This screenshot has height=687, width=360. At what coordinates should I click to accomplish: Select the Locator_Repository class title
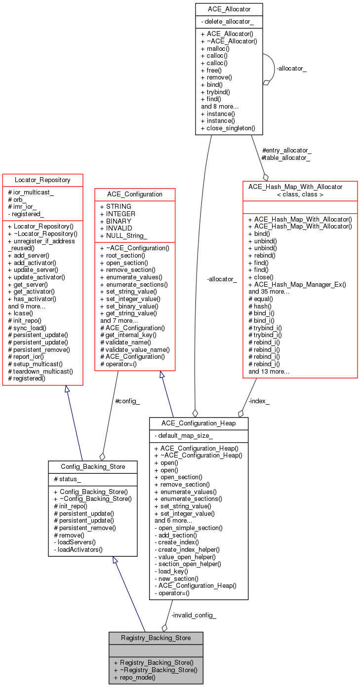42,180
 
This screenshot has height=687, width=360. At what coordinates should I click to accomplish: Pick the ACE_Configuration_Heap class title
199,423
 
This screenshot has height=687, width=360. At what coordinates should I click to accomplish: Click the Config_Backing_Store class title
93,467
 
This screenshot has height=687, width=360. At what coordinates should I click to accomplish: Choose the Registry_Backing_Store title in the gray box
156,638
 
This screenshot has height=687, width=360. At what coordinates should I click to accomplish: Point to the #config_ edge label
127,401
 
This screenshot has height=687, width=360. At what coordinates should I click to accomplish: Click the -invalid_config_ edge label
194,615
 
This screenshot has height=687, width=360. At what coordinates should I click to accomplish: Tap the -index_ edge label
259,401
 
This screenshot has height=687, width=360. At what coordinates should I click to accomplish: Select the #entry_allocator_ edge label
286,150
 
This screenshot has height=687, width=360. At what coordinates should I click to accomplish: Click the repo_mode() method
134,677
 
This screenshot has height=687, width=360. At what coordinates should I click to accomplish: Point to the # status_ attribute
68,480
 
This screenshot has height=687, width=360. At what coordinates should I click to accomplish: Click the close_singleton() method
228,128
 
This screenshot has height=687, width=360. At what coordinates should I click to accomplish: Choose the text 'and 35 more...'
269,292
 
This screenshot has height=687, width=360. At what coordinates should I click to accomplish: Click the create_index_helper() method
187,549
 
